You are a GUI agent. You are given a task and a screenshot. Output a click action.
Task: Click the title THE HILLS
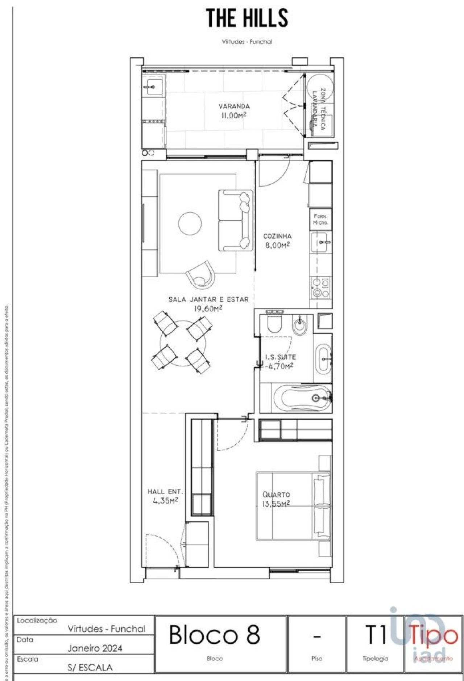pos(247,18)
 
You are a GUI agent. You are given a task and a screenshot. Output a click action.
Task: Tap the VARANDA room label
pos(234,111)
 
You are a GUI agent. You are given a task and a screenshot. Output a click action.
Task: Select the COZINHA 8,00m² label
pos(277,241)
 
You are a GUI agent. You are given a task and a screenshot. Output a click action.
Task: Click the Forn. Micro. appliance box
pos(321,219)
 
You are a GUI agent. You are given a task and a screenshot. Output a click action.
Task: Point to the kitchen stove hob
pos(321,288)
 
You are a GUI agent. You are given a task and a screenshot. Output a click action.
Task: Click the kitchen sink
pos(321,242)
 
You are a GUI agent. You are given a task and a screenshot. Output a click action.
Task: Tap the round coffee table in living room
pos(190,223)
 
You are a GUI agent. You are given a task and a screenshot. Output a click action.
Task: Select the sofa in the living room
pos(235,220)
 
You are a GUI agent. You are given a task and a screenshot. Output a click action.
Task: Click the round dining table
pos(183,343)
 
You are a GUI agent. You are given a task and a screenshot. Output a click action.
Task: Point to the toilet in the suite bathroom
pos(274,324)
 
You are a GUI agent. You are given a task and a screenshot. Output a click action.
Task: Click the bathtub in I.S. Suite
pos(302,398)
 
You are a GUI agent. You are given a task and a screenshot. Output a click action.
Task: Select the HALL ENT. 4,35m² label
pos(165,496)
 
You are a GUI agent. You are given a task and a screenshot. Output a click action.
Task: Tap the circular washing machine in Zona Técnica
pos(319,87)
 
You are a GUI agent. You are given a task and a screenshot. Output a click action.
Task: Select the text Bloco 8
pos(215,634)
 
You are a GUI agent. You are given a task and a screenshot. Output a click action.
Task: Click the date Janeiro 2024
pos(95,648)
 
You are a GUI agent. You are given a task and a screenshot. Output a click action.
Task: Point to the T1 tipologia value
pos(376,634)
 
